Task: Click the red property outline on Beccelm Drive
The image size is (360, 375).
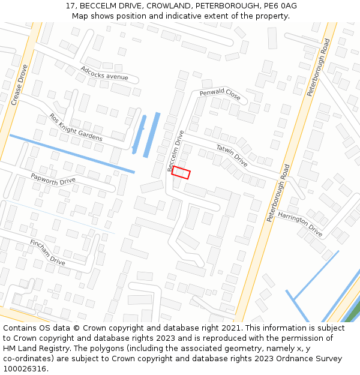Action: point(181,173)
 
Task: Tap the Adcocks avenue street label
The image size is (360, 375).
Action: point(104,73)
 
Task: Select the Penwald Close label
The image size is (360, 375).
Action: point(220,95)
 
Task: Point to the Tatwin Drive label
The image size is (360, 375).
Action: point(232,155)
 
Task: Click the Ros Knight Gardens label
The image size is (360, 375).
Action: point(76,128)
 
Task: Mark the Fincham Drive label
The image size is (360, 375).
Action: point(47,252)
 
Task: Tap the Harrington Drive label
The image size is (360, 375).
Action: point(300,223)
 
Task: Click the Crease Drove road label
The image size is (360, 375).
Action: point(20,85)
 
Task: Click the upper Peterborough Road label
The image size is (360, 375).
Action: point(319,68)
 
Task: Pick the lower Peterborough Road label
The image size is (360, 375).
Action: point(278,193)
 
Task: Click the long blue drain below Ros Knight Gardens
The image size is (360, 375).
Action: point(72,154)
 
